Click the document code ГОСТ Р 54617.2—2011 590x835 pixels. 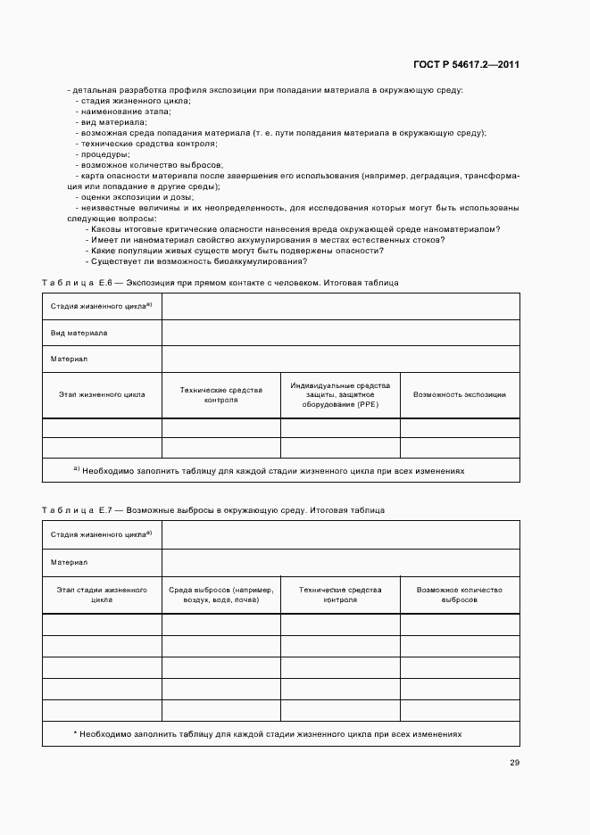[467, 65]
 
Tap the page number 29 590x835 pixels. [514, 763]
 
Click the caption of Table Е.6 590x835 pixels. [220, 283]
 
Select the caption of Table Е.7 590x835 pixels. [213, 511]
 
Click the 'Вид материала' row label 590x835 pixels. [79, 333]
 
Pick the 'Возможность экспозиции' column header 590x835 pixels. [460, 394]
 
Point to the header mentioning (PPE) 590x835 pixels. [340, 393]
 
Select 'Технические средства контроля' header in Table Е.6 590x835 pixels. [221, 394]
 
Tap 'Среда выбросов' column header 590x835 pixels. [221, 595]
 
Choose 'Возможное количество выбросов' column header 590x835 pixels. [460, 595]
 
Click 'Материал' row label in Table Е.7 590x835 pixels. [69, 563]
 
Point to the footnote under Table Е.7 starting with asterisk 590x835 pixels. [268, 733]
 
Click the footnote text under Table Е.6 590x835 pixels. [269, 470]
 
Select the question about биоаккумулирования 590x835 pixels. [199, 261]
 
